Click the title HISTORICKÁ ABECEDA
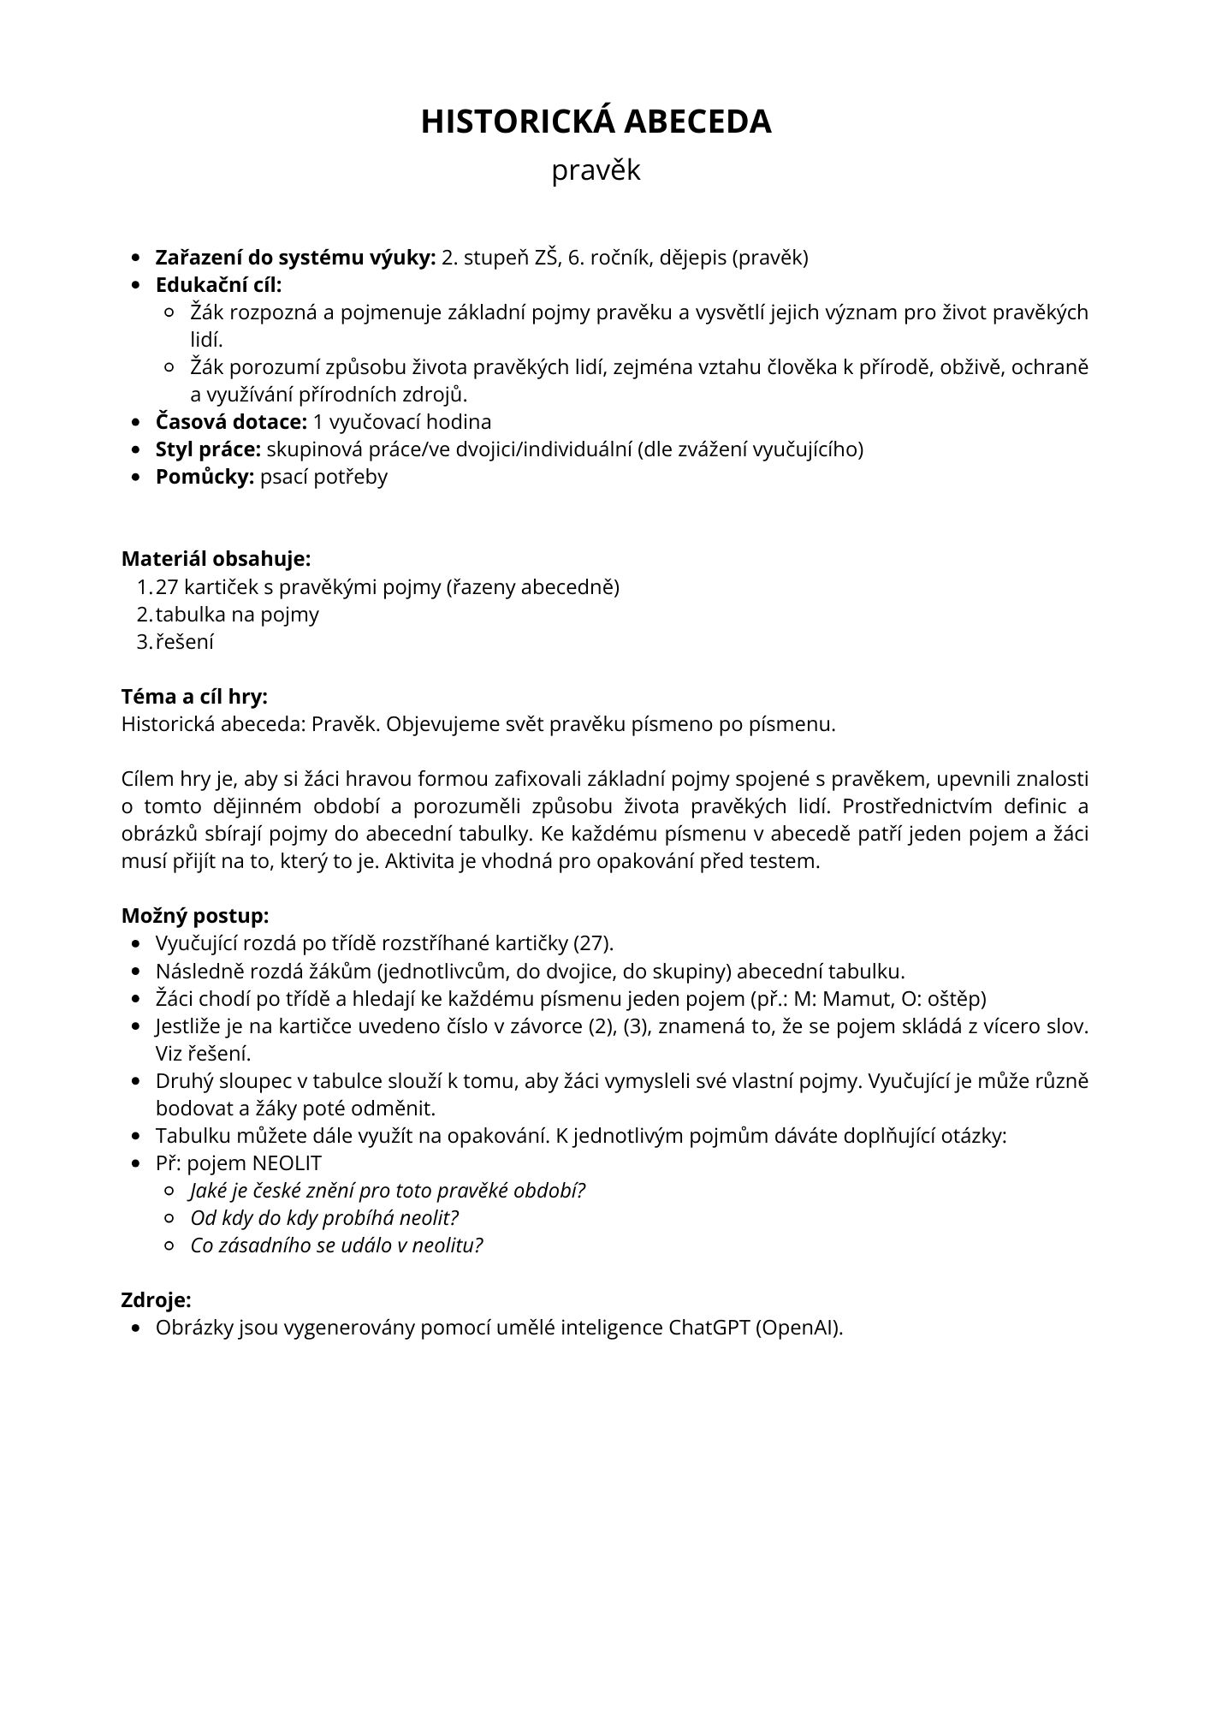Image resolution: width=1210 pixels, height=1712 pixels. click(596, 122)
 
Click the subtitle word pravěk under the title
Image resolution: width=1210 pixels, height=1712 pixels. click(596, 170)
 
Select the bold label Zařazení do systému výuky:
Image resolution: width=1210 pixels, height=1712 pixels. click(295, 258)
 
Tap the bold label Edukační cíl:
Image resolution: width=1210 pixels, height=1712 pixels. click(218, 285)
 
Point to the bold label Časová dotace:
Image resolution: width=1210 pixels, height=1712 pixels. click(231, 422)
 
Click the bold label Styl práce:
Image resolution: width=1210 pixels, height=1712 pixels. click(208, 449)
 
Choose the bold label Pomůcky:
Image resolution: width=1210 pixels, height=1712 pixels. click(205, 477)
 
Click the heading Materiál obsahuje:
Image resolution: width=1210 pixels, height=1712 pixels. click(216, 559)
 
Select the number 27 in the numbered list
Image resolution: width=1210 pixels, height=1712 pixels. click(167, 587)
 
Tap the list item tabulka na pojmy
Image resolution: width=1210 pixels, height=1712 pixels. click(237, 615)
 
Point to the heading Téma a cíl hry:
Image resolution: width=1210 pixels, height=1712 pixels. click(194, 697)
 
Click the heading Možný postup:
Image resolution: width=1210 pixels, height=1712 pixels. click(195, 916)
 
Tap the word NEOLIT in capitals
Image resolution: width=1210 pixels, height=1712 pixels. click(288, 1163)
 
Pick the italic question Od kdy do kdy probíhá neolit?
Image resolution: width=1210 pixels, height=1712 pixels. click(324, 1218)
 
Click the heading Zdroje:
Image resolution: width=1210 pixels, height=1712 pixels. click(156, 1300)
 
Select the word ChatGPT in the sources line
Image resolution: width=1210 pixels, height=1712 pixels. click(709, 1328)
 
